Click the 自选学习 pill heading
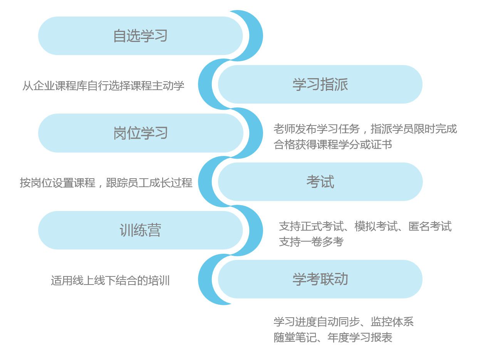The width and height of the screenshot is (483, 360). pyautogui.click(x=141, y=36)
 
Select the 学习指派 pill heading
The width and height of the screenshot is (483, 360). pyautogui.click(x=320, y=84)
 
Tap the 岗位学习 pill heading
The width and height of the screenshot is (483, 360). pyautogui.click(x=141, y=133)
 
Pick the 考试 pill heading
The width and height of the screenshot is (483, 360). pyautogui.click(x=320, y=182)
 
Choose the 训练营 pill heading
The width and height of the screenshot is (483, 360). pyautogui.click(x=141, y=230)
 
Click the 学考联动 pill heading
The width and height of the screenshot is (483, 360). pyautogui.click(x=320, y=279)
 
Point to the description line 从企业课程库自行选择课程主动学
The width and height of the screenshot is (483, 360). pyautogui.click(x=103, y=85)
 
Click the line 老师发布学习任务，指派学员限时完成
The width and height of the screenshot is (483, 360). pyautogui.click(x=365, y=129)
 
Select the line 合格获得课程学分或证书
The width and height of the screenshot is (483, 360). pyautogui.click(x=333, y=145)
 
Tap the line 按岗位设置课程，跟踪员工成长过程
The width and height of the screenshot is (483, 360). pyautogui.click(x=106, y=183)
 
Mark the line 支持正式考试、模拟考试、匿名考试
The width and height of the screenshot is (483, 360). pyautogui.click(x=365, y=226)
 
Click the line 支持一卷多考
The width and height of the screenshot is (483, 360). pyautogui.click(x=311, y=242)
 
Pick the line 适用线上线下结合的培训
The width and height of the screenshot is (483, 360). pyautogui.click(x=110, y=280)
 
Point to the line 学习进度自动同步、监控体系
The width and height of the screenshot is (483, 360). pyautogui.click(x=344, y=321)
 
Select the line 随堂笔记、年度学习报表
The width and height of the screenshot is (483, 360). pyautogui.click(x=333, y=338)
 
